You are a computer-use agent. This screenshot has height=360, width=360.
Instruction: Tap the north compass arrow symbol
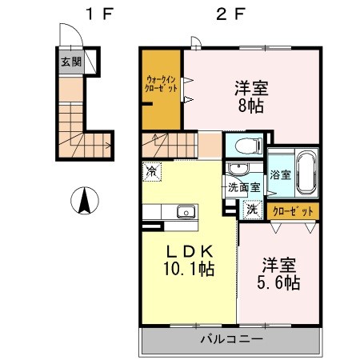coord(82,200)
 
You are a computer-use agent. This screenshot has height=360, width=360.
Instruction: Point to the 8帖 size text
coord(250,104)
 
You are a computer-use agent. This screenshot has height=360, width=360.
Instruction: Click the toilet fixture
coord(246,146)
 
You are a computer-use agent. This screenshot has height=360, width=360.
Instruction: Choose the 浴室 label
coord(280,174)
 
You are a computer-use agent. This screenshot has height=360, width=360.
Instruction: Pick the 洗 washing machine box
coord(251,209)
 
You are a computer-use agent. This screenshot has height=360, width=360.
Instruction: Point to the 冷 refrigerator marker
coord(152,170)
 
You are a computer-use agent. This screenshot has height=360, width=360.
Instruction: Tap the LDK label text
coord(189,249)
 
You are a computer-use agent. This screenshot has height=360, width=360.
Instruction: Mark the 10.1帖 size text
coord(189,269)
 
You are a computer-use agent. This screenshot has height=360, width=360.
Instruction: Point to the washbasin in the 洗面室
coord(237,170)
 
